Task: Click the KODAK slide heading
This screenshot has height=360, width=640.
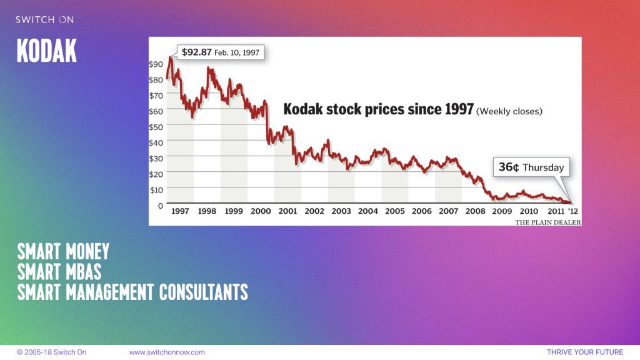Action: point(47,51)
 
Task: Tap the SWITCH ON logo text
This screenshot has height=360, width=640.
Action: point(44,20)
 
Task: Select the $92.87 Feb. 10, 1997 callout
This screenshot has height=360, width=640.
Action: point(220,52)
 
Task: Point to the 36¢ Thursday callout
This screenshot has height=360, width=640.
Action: point(531,167)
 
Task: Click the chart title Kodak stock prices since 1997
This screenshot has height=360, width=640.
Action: point(379,109)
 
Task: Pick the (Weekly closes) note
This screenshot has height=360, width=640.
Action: point(509,111)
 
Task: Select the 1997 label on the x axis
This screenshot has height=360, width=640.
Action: point(180,211)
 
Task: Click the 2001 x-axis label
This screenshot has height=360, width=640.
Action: point(287,211)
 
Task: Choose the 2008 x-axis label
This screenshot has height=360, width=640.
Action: point(476,211)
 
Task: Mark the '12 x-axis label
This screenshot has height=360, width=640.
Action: point(572,211)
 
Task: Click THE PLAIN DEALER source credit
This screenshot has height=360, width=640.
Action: point(547,222)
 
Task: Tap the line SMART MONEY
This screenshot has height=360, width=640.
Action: point(63,252)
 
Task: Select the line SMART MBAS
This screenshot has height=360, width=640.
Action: point(59,272)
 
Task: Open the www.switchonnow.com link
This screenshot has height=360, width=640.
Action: point(167,352)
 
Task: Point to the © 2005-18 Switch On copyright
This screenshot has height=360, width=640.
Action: point(51,352)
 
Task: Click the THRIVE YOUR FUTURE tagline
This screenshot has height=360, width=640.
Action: point(585,352)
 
